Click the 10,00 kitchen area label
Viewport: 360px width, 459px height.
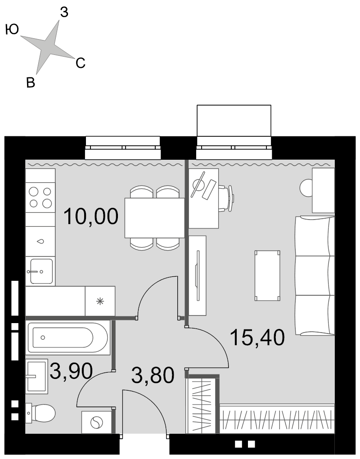click(91, 216)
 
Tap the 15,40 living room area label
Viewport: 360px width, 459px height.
click(257, 337)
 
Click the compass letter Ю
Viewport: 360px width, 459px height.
click(12, 29)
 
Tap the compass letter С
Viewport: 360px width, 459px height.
click(80, 63)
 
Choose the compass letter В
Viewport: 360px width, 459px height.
click(31, 82)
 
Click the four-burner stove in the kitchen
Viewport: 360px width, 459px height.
click(40, 197)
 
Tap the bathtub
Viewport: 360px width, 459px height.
click(68, 337)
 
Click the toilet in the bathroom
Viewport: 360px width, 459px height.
click(40, 413)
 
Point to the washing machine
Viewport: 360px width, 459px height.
click(97, 423)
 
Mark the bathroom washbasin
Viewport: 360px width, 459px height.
click(36, 376)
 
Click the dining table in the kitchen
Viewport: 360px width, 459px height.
click(154, 218)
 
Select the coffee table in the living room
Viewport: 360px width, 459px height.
click(267, 275)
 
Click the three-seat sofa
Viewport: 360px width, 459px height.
click(315, 275)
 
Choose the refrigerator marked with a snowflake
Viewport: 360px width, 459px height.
click(100, 301)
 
